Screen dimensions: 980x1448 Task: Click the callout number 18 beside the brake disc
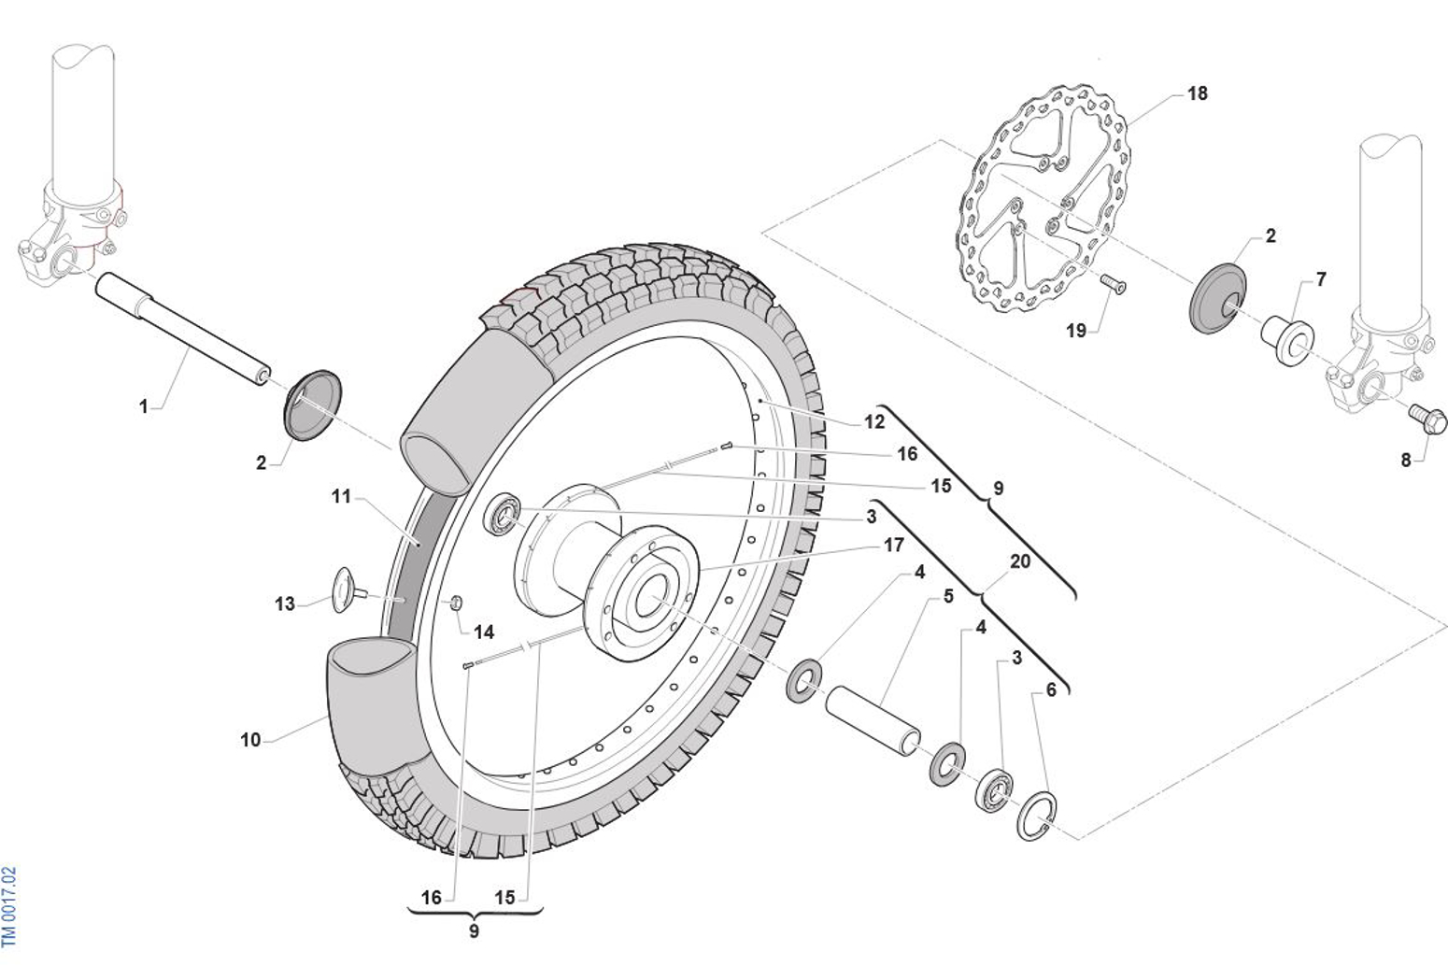[1197, 93]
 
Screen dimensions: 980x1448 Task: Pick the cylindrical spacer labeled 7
[1287, 341]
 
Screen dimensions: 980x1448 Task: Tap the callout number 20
[1020, 561]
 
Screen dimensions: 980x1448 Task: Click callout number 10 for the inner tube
[250, 740]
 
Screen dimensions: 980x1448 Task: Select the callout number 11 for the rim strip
[341, 496]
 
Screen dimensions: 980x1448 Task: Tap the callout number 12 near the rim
[873, 421]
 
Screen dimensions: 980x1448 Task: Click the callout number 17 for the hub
[893, 545]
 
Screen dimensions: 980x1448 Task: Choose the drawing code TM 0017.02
[9, 906]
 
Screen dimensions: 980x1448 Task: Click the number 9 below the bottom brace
[474, 930]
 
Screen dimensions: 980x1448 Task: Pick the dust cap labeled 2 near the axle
[311, 404]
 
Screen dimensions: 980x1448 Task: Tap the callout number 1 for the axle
[143, 406]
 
